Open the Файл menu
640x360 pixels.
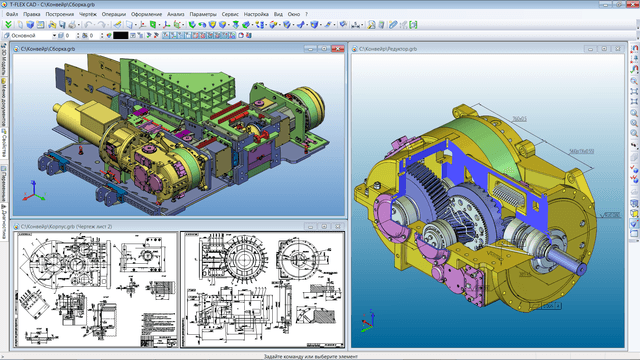12,15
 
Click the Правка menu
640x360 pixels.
33,15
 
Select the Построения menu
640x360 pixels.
62,15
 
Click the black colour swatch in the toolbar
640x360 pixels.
121,35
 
